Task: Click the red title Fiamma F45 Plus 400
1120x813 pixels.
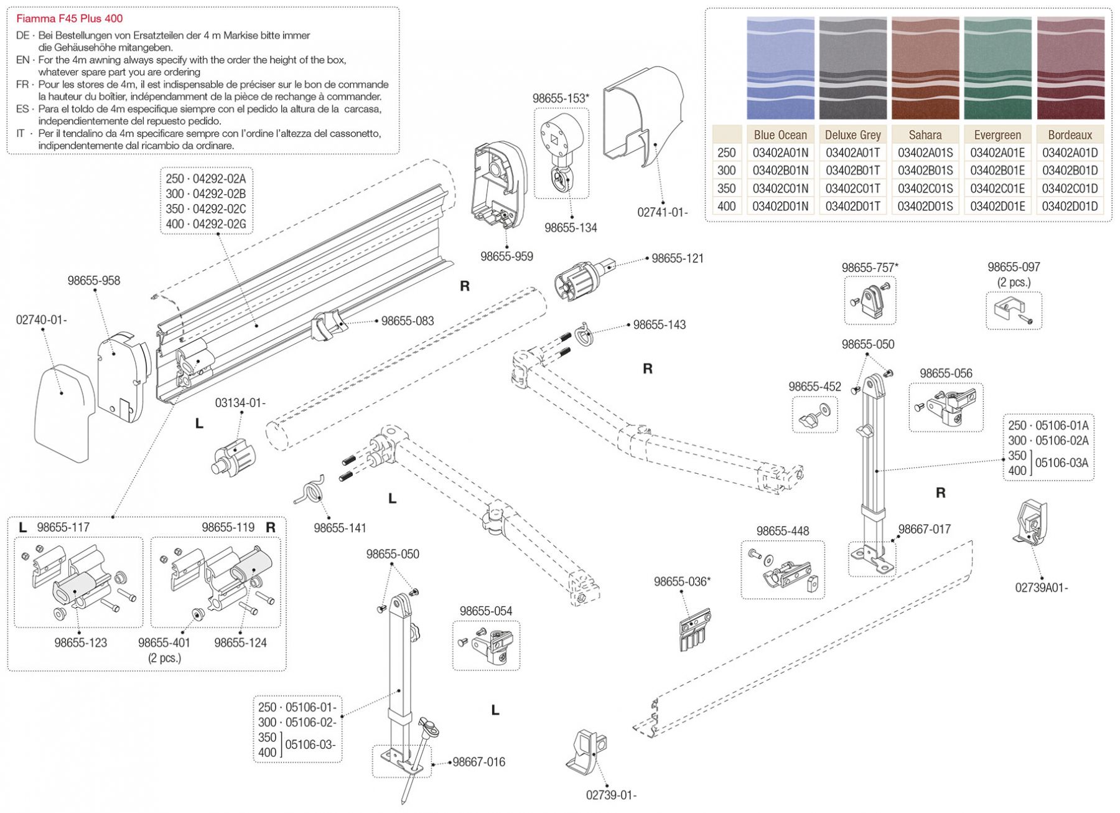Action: pyautogui.click(x=69, y=19)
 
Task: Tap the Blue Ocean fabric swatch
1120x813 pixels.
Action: pyautogui.click(x=780, y=68)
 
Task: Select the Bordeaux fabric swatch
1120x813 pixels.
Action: pyautogui.click(x=1070, y=68)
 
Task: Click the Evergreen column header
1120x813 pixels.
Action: pyautogui.click(x=997, y=134)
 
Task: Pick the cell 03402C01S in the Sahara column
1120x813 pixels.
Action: pyautogui.click(x=925, y=188)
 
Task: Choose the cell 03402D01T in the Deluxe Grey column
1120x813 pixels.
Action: pyautogui.click(x=852, y=206)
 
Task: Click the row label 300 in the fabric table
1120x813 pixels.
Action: pyautogui.click(x=726, y=170)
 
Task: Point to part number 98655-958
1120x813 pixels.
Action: pyautogui.click(x=94, y=281)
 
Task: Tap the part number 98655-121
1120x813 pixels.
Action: pyautogui.click(x=677, y=258)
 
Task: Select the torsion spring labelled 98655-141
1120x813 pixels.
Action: pyautogui.click(x=310, y=489)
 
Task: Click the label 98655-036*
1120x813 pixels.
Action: pyautogui.click(x=681, y=581)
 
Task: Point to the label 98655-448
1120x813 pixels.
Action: pyautogui.click(x=782, y=531)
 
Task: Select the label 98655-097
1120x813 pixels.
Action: pyautogui.click(x=1014, y=267)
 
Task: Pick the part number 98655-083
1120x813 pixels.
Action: pyautogui.click(x=408, y=321)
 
